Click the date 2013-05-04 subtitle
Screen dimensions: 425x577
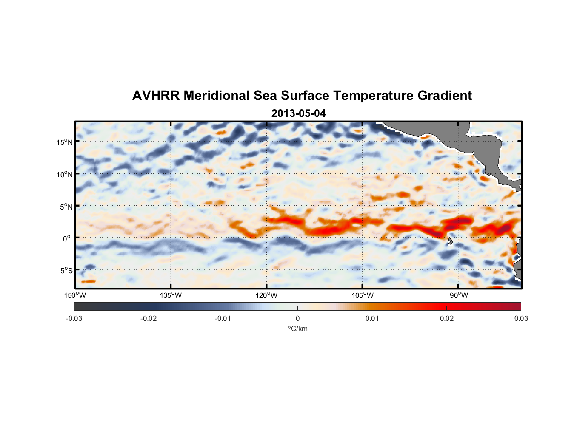[x=298, y=113]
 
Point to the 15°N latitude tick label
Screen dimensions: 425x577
[x=65, y=142]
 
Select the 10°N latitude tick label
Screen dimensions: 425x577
[x=65, y=174]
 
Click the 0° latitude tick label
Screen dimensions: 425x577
[x=67, y=238]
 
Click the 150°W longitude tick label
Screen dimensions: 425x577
[x=75, y=295]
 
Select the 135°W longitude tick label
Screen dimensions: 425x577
[x=171, y=295]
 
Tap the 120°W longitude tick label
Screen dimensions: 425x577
[x=267, y=295]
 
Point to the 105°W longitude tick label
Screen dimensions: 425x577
[x=363, y=295]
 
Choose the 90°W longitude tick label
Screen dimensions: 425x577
[x=459, y=295]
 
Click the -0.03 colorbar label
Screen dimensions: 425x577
[x=74, y=318]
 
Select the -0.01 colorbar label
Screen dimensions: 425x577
[x=223, y=318]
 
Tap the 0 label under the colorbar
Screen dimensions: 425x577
[x=297, y=318]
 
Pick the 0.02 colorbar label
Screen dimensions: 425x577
[x=447, y=318]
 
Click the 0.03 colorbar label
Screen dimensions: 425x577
[x=521, y=318]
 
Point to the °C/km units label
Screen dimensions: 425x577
[x=298, y=329]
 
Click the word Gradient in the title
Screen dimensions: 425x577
[x=445, y=96]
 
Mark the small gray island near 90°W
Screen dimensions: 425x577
[x=450, y=241]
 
